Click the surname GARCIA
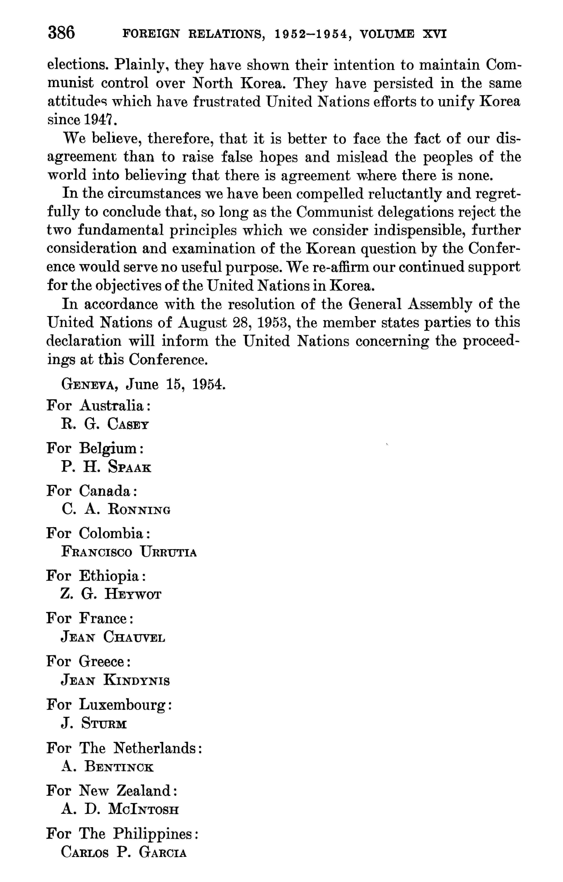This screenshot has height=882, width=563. pyautogui.click(x=163, y=852)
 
